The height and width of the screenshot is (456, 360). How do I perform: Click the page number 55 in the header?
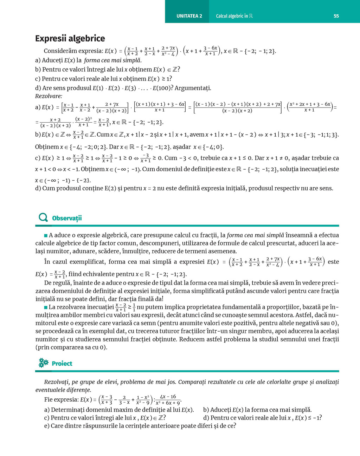[336, 16]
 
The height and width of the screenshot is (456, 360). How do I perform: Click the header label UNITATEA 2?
[189, 16]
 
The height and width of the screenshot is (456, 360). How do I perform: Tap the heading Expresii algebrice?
[70, 38]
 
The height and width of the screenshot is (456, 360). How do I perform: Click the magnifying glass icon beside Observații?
[43, 218]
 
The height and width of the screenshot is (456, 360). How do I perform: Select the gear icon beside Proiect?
[43, 363]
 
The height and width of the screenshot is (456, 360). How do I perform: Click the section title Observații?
[67, 218]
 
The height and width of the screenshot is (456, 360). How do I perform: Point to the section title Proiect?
[62, 364]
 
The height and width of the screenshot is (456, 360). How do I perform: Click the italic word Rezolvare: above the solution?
[49, 96]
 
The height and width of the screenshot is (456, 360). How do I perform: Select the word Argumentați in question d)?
[193, 88]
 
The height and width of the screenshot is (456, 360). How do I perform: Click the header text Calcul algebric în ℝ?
[234, 16]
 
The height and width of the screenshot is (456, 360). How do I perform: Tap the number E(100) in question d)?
[163, 88]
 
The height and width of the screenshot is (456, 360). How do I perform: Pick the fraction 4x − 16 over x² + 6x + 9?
[168, 400]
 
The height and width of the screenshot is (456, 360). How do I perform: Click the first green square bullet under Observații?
[46, 235]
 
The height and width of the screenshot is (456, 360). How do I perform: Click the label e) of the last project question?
[47, 426]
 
